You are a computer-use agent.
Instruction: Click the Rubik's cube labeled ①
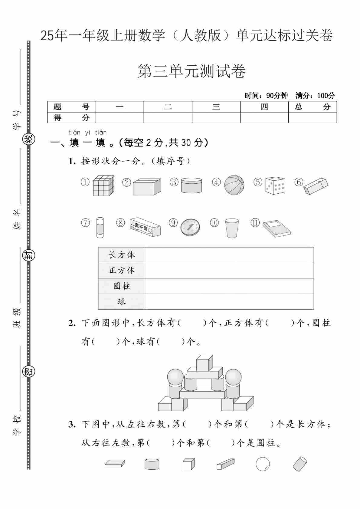pos(103,186)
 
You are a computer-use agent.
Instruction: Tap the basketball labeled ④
pos(234,185)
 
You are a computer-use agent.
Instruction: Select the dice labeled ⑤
pos(275,186)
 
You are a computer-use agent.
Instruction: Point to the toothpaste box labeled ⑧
pos(146,227)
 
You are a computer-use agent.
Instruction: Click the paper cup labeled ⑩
pos(232,228)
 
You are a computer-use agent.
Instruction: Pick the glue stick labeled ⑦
pos(100,228)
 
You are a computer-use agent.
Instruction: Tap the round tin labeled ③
pos(191,186)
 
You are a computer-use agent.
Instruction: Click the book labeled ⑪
pos(277,228)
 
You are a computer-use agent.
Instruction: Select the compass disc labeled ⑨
pos(190,227)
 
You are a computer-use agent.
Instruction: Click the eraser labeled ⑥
pos(316,186)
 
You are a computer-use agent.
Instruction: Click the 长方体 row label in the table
pos(122,255)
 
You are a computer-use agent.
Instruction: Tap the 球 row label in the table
pos(122,302)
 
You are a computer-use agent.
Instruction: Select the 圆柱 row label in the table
pos(122,286)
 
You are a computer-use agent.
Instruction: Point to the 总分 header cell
pos(313,107)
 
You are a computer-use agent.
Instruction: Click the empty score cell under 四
pos(264,117)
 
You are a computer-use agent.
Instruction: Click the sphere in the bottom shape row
pos(263,464)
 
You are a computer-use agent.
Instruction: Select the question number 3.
pos(72,425)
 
